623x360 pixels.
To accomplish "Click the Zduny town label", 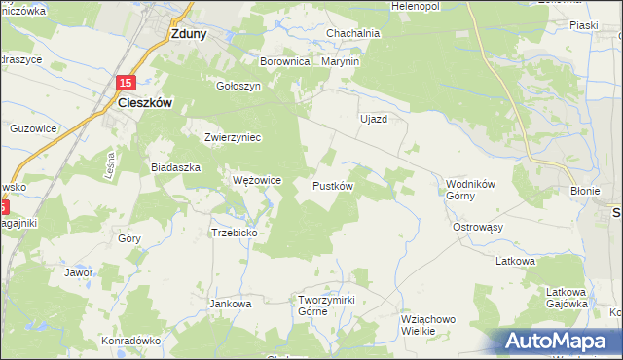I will coord(188,32).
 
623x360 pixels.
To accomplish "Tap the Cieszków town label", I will coord(145,101).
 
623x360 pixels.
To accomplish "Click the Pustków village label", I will coord(332,185).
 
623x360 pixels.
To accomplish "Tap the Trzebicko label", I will coord(234,234).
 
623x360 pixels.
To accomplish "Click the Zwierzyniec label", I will coord(233,137).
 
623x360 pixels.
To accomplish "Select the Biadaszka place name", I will coord(175,167).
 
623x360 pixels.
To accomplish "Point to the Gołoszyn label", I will coord(238,85).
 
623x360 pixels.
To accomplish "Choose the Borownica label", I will coord(284,61).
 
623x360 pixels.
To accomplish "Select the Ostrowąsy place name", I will coord(477,227).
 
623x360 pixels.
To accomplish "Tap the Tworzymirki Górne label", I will coord(327,305).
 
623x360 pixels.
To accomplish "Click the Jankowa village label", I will coord(231,304).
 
